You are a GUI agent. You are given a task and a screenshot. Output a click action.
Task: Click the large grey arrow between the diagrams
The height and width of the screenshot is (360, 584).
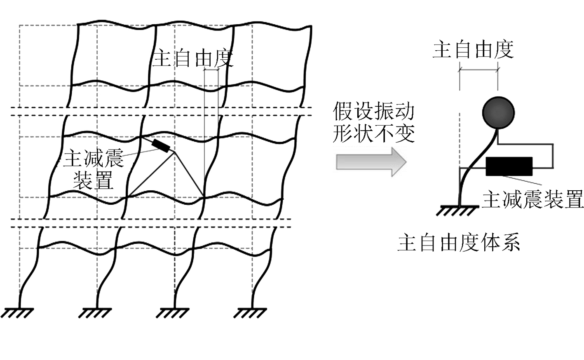coord(371,162)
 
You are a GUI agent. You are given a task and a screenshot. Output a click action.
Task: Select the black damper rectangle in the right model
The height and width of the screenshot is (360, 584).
coord(509,166)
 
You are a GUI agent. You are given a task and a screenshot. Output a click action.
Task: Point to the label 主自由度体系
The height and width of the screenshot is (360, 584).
coord(458,243)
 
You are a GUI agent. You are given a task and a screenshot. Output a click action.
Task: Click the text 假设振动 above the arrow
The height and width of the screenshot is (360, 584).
coord(373,112)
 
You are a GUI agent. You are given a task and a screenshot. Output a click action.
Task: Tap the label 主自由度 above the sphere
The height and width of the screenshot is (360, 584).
coord(473,49)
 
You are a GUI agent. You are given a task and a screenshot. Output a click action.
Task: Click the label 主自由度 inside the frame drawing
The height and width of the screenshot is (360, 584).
coord(193,59)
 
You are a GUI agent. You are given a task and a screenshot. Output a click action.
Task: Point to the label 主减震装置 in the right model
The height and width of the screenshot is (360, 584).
coord(532,199)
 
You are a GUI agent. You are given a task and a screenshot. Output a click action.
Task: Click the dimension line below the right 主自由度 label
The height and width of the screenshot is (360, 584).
coord(478,70)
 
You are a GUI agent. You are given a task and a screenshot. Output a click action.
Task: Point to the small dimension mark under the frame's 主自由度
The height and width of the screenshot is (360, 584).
coord(211,70)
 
